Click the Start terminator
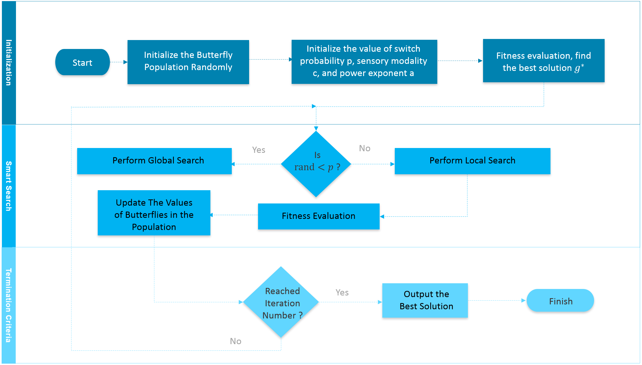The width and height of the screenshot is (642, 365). [82, 62]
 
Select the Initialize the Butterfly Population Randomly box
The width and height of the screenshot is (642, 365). [188, 62]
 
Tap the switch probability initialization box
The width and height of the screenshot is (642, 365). [364, 62]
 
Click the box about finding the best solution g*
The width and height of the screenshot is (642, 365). [543, 61]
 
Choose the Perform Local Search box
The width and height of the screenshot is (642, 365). [472, 161]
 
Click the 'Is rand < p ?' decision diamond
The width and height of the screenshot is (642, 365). [316, 164]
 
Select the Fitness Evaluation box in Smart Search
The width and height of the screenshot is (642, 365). [318, 216]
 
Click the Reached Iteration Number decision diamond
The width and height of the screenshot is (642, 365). [281, 302]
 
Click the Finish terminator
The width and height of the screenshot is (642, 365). [560, 301]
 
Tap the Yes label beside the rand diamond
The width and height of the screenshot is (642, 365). [259, 150]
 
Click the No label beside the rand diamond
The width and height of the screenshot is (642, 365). [364, 148]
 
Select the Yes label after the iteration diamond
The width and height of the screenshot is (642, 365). [342, 292]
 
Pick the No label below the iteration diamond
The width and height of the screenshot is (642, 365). [236, 341]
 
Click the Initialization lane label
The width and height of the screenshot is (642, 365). [9, 63]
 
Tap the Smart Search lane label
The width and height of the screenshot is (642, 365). [9, 186]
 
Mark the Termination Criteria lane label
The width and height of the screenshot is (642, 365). [9, 305]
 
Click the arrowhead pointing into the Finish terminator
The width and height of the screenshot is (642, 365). [523, 301]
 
